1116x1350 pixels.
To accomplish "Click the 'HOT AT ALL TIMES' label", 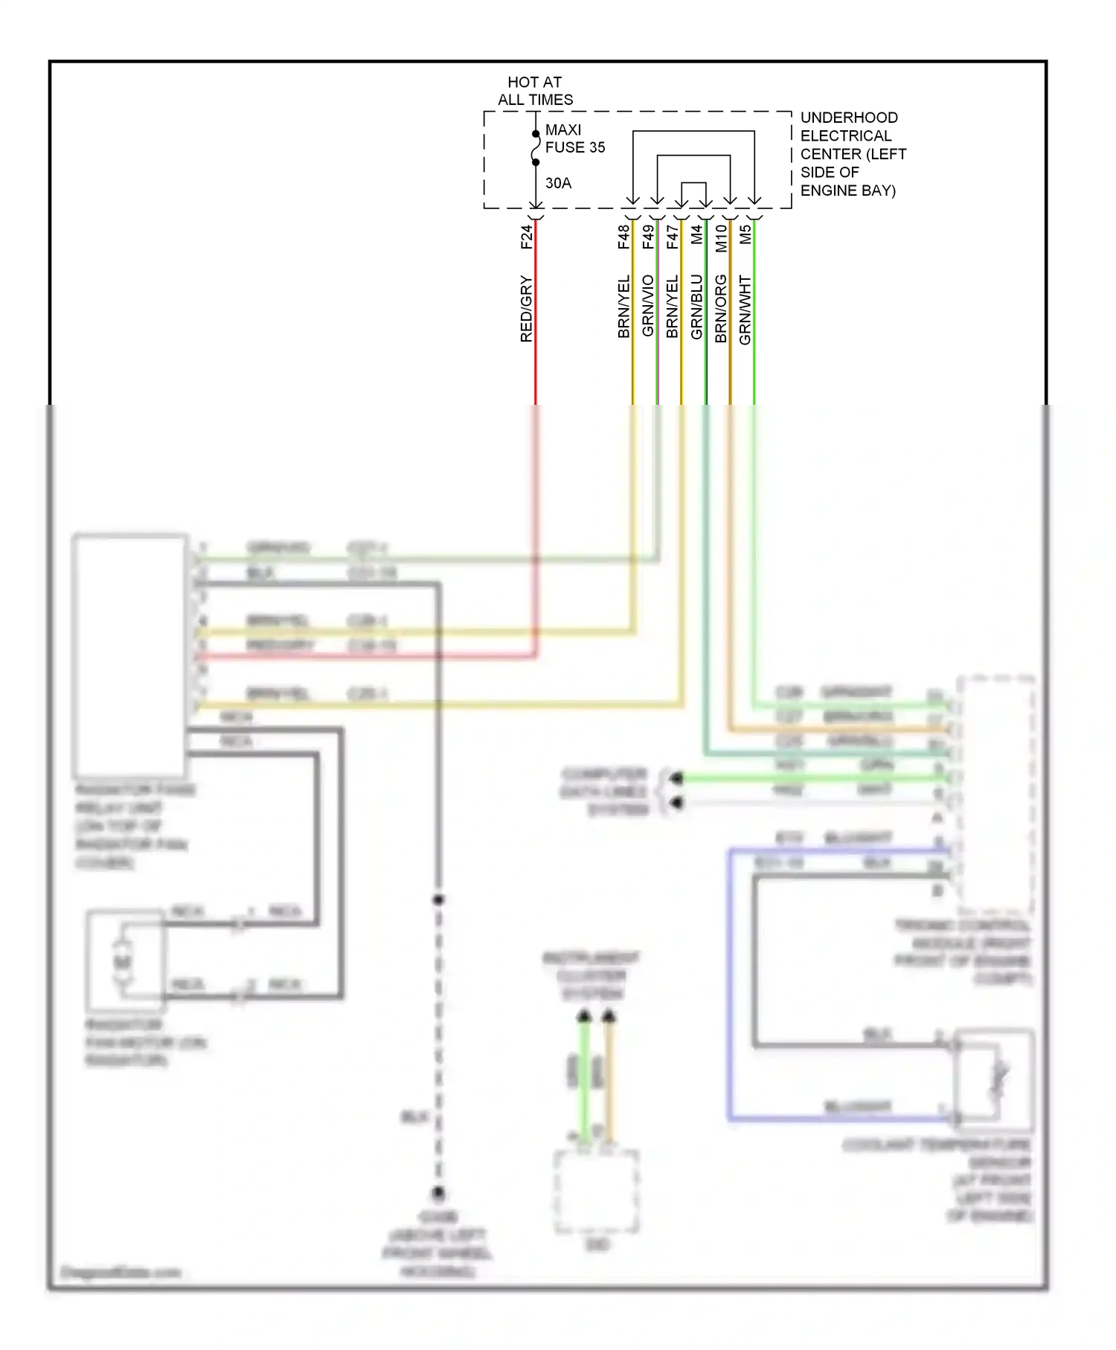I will pos(535,91).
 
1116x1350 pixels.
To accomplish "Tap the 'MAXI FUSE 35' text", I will pos(574,138).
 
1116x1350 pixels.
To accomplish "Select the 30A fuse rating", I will pos(558,183).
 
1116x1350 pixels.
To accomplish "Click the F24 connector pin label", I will pos(527,237).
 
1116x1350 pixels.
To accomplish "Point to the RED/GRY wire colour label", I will pos(527,308).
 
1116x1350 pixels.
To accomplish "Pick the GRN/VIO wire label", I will pos(648,305).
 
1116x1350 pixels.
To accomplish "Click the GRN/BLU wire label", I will pos(696,307).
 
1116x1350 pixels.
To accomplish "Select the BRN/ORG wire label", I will pos(720,308).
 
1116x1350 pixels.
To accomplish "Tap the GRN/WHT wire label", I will pos(745,310).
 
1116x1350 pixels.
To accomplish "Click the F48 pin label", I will pos(623,237).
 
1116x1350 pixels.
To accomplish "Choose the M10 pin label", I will pos(720,238).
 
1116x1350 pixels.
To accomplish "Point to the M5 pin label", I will pos(745,235).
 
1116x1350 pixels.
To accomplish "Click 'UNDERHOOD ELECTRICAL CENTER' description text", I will pos(852,154).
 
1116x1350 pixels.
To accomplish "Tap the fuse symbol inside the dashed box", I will pos(536,148).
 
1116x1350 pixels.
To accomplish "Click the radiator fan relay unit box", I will pos(129,655).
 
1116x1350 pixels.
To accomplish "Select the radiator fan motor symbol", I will pos(124,961).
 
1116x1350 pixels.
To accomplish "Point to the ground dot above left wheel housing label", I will pos(438,1193).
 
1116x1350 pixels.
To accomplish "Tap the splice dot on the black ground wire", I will pos(438,900).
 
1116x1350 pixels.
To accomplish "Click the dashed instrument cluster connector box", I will pos(596,1191).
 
